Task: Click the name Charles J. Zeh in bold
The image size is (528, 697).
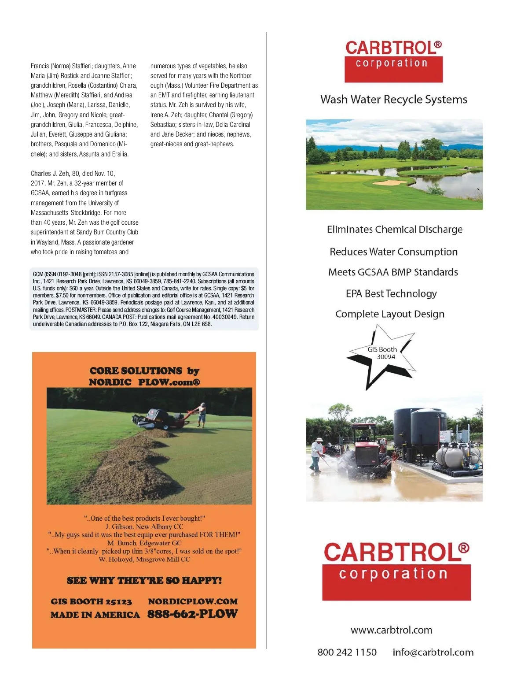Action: point(50,174)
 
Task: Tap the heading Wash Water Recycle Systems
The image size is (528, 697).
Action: point(393,100)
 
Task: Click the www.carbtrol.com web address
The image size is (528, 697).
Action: point(391,630)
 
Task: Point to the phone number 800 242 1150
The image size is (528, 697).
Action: point(347,652)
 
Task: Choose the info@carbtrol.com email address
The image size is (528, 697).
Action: point(433,652)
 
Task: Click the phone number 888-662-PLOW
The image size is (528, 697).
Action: point(192,614)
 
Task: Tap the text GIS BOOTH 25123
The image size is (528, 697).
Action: point(91,601)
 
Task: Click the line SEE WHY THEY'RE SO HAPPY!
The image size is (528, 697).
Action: point(144,580)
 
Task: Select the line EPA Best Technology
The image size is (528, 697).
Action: point(391,293)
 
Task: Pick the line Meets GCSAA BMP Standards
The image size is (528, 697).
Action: point(393,272)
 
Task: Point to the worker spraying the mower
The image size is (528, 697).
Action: point(317,454)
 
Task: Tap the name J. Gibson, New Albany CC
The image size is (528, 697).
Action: point(144,526)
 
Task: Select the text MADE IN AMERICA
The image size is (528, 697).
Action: point(95,615)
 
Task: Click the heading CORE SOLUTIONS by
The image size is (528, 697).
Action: point(144,371)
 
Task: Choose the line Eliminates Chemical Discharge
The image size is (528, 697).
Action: point(394,230)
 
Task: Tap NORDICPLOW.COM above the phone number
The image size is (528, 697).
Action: point(193,601)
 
